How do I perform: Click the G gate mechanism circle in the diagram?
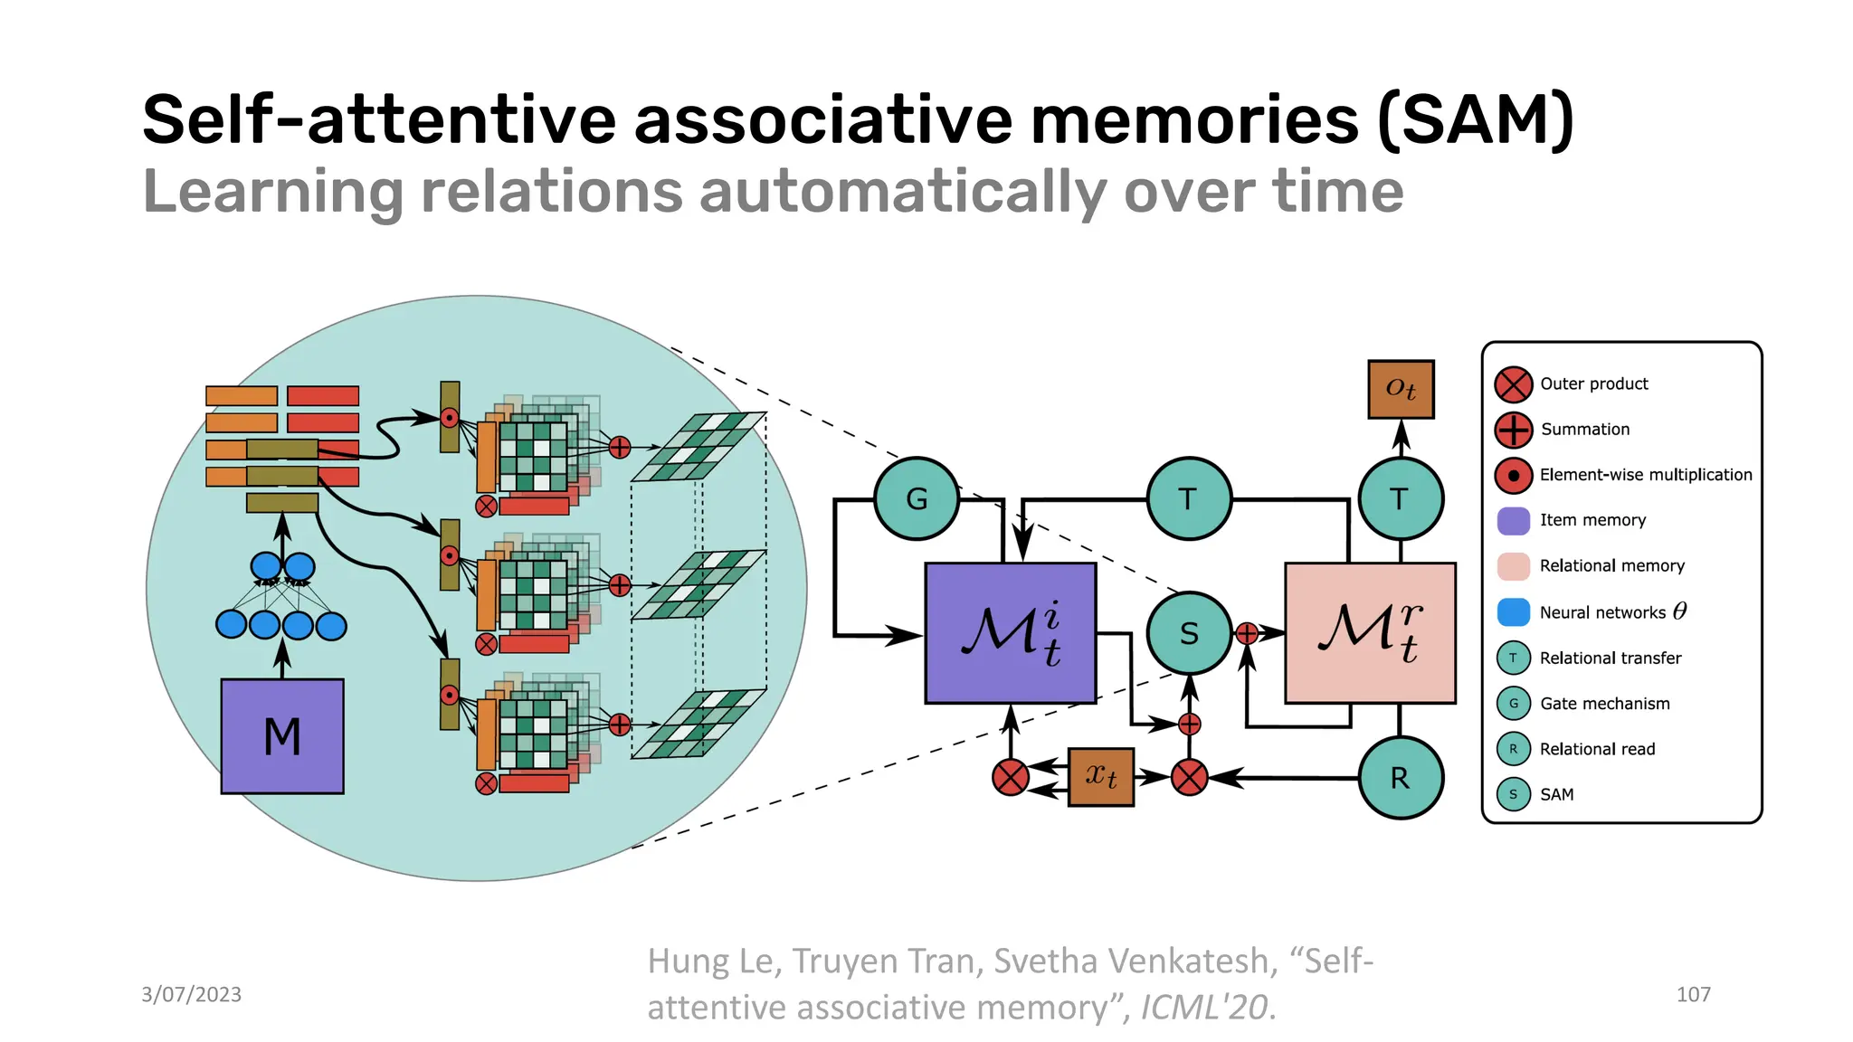point(916,498)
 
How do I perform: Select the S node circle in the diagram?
point(1189,633)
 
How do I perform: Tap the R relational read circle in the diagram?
point(1400,778)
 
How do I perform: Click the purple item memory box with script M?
point(1010,633)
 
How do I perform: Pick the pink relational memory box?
point(1370,633)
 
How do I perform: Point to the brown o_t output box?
point(1401,389)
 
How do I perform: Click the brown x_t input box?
point(1100,776)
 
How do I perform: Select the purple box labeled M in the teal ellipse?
point(282,736)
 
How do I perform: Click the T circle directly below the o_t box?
point(1400,498)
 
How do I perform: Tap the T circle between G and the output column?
point(1189,498)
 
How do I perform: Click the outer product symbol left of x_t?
point(1010,777)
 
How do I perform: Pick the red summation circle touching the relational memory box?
point(1247,634)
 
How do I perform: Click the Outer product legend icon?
point(1513,384)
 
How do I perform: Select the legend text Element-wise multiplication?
point(1645,475)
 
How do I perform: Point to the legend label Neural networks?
point(1601,612)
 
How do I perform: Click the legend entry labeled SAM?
point(1556,794)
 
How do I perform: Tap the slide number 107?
point(1693,994)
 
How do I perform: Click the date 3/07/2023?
point(191,994)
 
